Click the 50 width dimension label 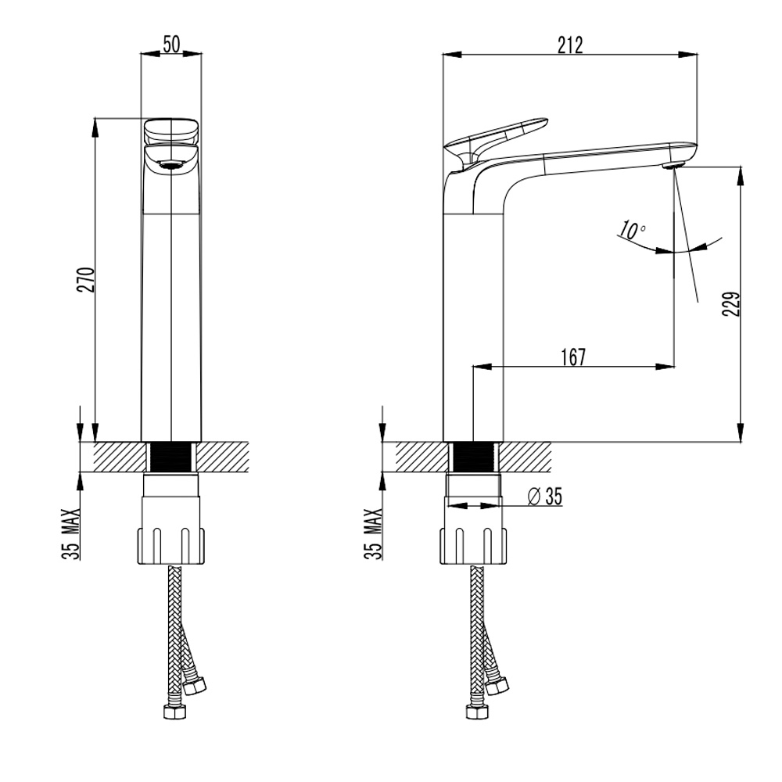[171, 45]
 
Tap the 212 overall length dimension [570, 45]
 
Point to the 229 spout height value [730, 303]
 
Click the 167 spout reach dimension [573, 357]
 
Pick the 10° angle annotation [633, 230]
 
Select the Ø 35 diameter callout [544, 497]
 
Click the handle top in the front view [171, 131]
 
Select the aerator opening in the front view [171, 166]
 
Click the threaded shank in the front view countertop [171, 457]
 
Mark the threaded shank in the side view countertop [473, 457]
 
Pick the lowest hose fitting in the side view [476, 712]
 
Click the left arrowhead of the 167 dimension [482, 367]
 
